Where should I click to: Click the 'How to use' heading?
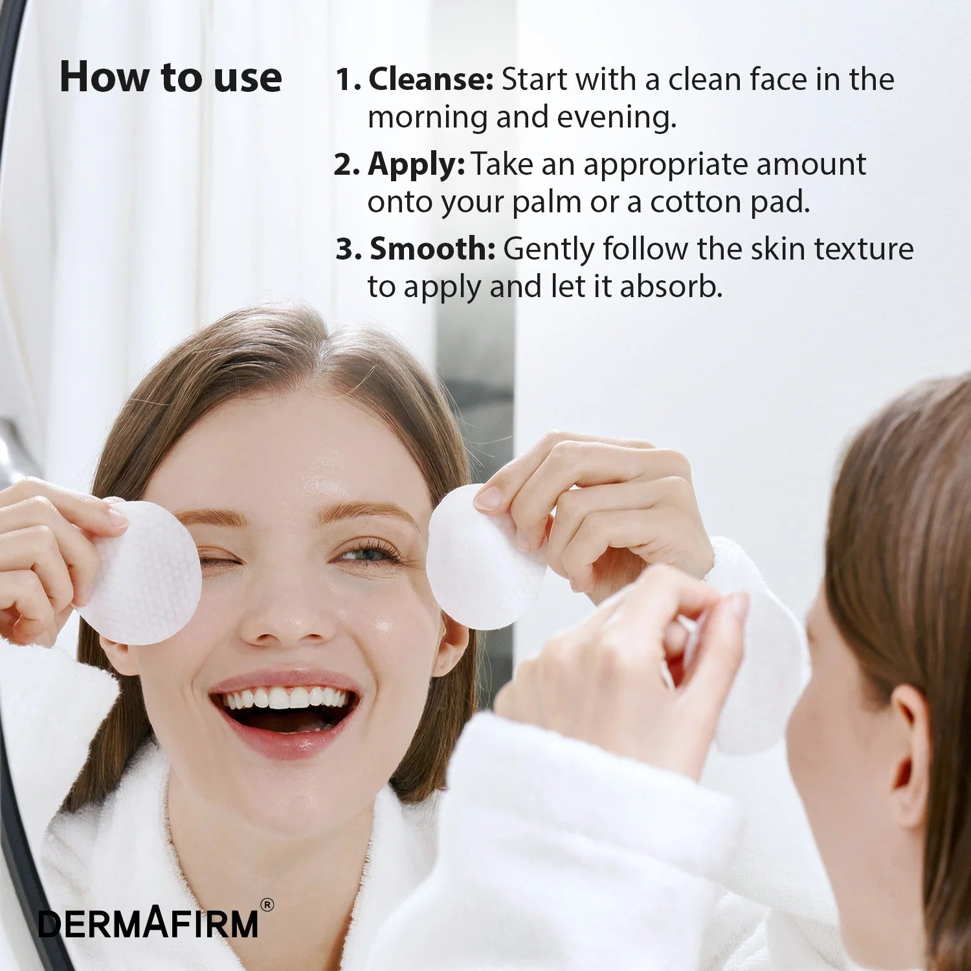[170, 78]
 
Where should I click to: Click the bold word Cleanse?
[430, 80]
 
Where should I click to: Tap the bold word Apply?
[416, 164]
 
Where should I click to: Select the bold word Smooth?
[432, 249]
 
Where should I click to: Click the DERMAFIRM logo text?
[148, 924]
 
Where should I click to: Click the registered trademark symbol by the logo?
[266, 905]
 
